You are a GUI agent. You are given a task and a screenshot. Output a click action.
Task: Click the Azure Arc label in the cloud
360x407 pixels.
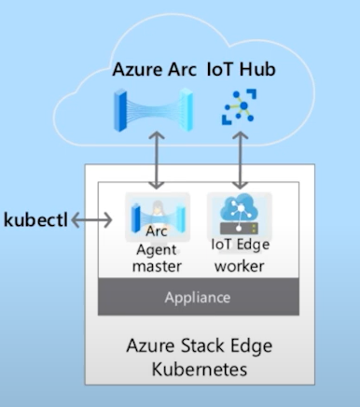pyautogui.click(x=154, y=69)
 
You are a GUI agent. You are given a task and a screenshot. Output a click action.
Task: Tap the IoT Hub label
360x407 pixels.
pyautogui.click(x=242, y=69)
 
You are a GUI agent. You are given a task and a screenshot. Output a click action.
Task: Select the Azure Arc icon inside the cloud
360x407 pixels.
pyautogui.click(x=153, y=110)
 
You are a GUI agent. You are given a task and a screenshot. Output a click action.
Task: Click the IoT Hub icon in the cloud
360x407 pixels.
pyautogui.click(x=239, y=106)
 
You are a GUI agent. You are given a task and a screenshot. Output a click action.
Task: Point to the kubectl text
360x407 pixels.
pyautogui.click(x=35, y=219)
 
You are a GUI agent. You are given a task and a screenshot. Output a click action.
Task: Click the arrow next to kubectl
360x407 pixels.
pyautogui.click(x=91, y=220)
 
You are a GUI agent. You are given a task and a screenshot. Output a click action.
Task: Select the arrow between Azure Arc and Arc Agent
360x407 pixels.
pyautogui.click(x=157, y=160)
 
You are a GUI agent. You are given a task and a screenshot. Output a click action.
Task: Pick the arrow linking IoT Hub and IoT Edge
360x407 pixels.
pyautogui.click(x=240, y=160)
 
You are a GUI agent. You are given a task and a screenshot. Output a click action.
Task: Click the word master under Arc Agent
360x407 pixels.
pyautogui.click(x=157, y=266)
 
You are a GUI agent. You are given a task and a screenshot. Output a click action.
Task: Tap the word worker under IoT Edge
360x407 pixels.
pyautogui.click(x=240, y=266)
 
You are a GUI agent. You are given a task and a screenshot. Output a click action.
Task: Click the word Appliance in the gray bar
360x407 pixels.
pyautogui.click(x=198, y=298)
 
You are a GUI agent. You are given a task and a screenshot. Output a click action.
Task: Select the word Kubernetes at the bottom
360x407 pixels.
pyautogui.click(x=200, y=370)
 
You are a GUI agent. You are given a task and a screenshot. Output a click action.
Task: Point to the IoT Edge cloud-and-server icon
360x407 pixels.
pyautogui.click(x=240, y=215)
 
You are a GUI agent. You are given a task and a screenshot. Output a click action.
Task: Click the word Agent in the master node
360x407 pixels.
pyautogui.click(x=157, y=250)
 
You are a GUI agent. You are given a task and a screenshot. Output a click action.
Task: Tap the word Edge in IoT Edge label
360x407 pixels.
pyautogui.click(x=252, y=245)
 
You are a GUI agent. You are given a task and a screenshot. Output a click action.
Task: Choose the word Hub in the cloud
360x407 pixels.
pyautogui.click(x=257, y=69)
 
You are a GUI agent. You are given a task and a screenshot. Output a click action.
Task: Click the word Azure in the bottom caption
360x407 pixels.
pyautogui.click(x=150, y=345)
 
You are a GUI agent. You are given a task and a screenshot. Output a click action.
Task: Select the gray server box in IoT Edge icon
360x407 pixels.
pyautogui.click(x=239, y=229)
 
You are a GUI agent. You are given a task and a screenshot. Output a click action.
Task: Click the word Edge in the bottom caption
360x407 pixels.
pyautogui.click(x=251, y=346)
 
